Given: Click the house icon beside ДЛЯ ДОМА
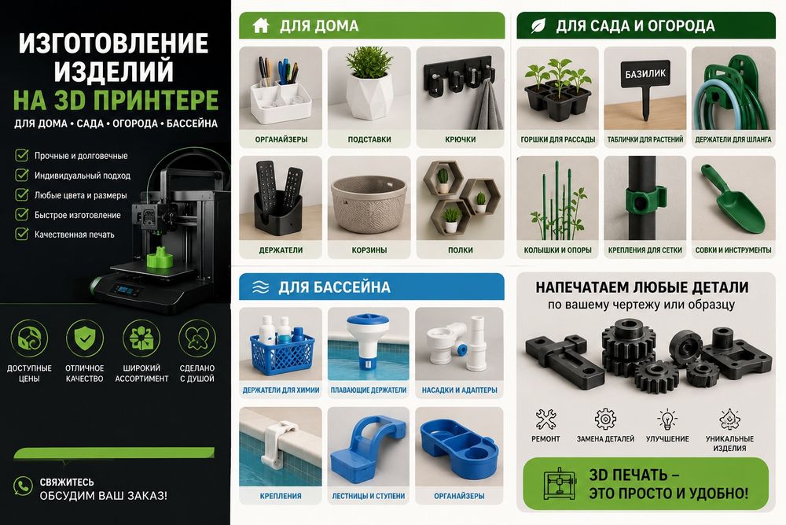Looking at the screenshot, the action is [x=261, y=25].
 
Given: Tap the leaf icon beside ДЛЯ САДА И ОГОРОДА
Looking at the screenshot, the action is [x=538, y=26].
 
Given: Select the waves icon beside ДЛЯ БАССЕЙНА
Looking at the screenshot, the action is [x=261, y=287].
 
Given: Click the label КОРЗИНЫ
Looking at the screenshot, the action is [x=369, y=250].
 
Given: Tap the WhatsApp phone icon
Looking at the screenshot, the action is [x=23, y=486].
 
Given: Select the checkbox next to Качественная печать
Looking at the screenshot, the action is [x=21, y=234].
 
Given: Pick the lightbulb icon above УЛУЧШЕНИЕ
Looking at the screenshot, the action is [x=667, y=419].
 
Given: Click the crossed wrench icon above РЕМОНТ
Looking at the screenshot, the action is [x=545, y=419].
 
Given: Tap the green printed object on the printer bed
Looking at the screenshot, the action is [x=160, y=258].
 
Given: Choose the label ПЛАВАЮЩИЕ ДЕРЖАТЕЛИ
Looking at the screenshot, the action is [x=369, y=390].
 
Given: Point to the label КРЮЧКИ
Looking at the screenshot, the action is [x=460, y=139].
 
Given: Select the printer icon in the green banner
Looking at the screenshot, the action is [x=560, y=484].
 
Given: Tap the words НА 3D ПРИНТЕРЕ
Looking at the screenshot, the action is [x=116, y=100].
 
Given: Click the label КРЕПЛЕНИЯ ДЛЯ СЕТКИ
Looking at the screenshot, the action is [x=645, y=250].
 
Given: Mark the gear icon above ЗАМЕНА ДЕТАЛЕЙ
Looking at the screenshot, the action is [x=605, y=419].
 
